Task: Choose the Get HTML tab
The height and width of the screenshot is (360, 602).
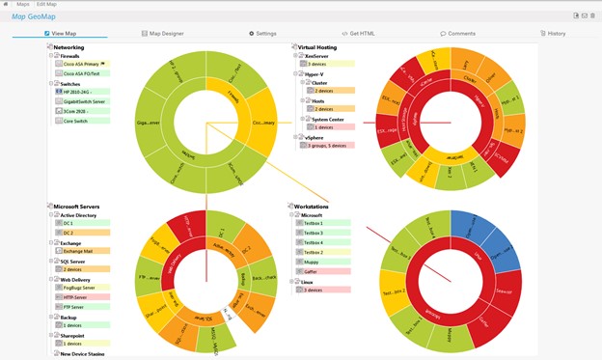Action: tap(362, 33)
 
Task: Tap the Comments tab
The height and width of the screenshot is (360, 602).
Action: tap(458, 33)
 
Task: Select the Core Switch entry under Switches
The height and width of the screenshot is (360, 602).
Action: tap(75, 122)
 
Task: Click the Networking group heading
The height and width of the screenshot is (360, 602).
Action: tap(68, 46)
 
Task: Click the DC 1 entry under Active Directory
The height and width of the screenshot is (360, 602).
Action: tap(68, 224)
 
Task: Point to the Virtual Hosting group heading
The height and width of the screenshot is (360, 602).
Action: tap(317, 46)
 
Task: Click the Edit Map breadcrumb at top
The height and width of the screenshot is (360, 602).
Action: tap(46, 4)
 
